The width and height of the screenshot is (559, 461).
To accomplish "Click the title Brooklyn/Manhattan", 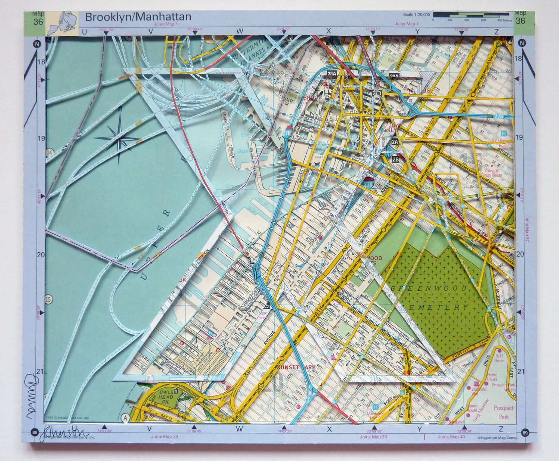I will coord(138,17).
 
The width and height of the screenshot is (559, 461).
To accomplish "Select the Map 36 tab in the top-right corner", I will coord(520,18).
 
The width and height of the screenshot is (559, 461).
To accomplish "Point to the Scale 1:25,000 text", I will coord(416,15).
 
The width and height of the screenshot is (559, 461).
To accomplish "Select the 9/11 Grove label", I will coord(499,358).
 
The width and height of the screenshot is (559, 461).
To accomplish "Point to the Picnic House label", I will coord(492,377).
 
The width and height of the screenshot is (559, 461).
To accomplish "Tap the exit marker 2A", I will coord(395,142).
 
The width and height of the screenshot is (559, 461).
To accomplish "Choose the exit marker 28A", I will coord(331,74).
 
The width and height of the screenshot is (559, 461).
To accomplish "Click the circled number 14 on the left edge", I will coord(49,152).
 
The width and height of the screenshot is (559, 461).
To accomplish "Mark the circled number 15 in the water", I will coord(49,299).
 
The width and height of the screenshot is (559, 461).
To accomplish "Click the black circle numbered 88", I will coord(35,432).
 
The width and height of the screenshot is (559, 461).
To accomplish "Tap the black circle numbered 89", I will coord(525,432).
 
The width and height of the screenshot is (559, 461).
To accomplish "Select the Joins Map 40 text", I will coord(451,437).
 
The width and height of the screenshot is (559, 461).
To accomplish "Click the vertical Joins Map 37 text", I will coord(527,231).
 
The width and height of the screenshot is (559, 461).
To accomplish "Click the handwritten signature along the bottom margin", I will coord(65,433).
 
